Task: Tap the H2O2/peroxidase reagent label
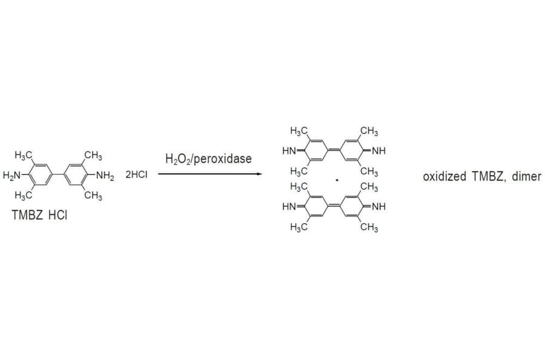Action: pyautogui.click(x=208, y=159)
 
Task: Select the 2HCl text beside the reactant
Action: pyautogui.click(x=136, y=175)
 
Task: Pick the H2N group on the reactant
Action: pyautogui.click(x=12, y=176)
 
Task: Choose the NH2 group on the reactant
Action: pyautogui.click(x=105, y=176)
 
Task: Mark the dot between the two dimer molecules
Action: pyautogui.click(x=337, y=179)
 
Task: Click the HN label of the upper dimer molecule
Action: pyautogui.click(x=289, y=150)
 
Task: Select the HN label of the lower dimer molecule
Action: pyautogui.click(x=289, y=207)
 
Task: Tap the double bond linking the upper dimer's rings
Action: pyautogui.click(x=334, y=150)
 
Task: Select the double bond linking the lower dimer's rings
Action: pyautogui.click(x=334, y=207)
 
